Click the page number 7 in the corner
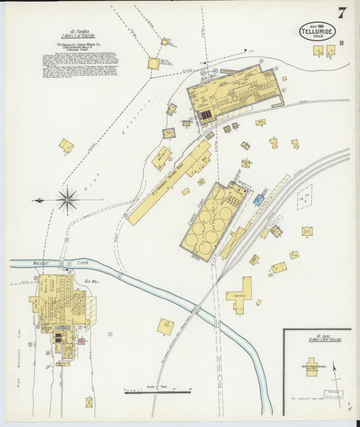(x=342, y=11)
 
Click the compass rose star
(x=67, y=199)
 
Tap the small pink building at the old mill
(x=82, y=341)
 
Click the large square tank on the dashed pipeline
(x=154, y=64)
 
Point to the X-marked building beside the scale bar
(x=89, y=402)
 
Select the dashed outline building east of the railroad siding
(x=305, y=197)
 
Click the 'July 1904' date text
(x=317, y=25)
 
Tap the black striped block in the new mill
(x=205, y=116)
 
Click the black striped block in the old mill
(x=59, y=336)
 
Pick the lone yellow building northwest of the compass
(x=66, y=145)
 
